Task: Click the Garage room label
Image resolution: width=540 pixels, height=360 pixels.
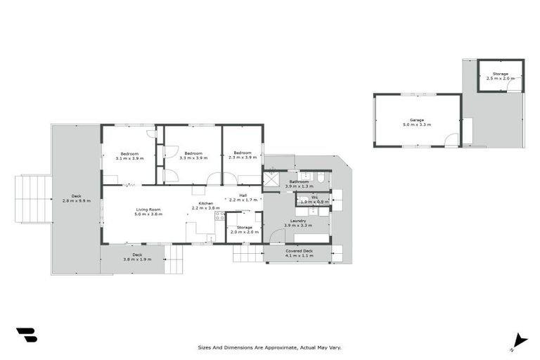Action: click(416, 120)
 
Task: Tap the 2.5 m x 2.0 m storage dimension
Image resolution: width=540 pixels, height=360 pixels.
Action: click(500, 78)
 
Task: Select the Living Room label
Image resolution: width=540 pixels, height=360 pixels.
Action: click(148, 210)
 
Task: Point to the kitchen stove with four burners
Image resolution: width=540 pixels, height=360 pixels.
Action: click(220, 216)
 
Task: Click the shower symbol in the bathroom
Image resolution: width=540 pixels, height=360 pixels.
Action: click(271, 179)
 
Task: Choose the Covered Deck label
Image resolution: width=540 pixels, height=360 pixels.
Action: click(299, 251)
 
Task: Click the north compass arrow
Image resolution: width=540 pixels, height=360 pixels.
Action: click(519, 340)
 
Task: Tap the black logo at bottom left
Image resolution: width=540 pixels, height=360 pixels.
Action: click(26, 335)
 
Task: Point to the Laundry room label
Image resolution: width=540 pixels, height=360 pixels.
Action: click(298, 221)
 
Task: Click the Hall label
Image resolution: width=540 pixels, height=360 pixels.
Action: click(243, 195)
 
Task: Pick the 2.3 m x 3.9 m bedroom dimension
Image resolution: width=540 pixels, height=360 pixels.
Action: click(243, 158)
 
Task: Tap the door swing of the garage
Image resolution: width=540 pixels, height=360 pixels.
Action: click(451, 139)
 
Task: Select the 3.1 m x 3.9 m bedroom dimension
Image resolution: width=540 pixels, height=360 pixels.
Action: click(129, 158)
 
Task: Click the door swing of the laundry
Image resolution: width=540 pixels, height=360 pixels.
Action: click(278, 236)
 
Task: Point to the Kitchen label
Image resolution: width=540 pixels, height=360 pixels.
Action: click(205, 203)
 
